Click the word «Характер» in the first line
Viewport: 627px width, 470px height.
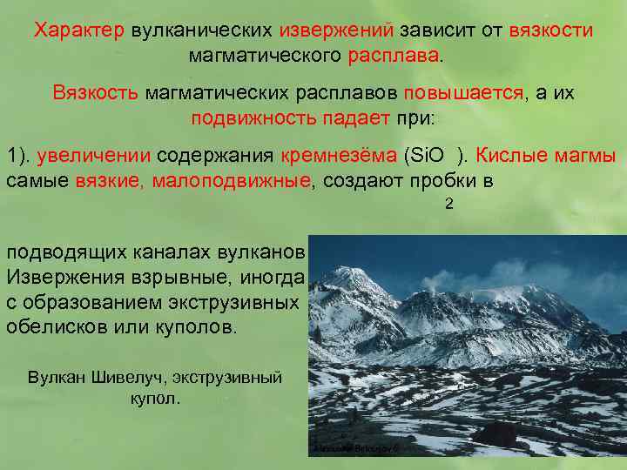(x=80, y=31)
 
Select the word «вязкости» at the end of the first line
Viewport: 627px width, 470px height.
(x=550, y=31)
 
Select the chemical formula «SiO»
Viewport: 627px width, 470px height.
(x=428, y=156)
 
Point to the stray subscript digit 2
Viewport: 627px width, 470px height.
(x=449, y=205)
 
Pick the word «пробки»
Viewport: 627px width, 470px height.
(x=434, y=180)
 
